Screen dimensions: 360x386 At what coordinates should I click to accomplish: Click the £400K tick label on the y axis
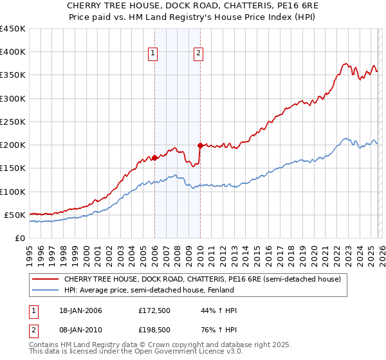pos(13,52)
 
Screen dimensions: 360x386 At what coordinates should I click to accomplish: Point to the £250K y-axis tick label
pos(13,122)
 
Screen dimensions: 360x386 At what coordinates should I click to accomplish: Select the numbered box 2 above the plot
pos(199,54)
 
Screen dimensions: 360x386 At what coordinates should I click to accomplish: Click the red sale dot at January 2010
pos(200,145)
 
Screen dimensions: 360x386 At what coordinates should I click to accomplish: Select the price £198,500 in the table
pos(154,329)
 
